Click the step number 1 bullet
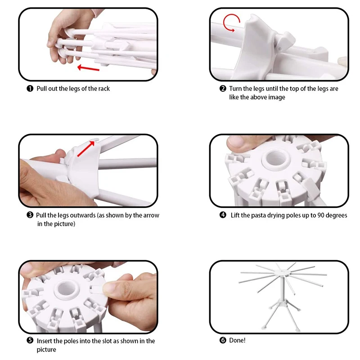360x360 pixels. [30, 88]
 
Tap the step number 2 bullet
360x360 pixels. [223, 88]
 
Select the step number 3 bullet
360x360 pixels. [30, 215]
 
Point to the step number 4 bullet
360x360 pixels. [223, 215]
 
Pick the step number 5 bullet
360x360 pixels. [30, 340]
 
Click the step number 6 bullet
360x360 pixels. [223, 340]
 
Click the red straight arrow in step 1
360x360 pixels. [88, 68]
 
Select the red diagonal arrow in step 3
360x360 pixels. [86, 149]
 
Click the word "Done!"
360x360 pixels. [237, 340]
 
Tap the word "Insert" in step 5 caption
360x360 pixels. [44, 341]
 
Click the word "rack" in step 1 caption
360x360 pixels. [104, 89]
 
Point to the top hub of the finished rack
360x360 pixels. [282, 273]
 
